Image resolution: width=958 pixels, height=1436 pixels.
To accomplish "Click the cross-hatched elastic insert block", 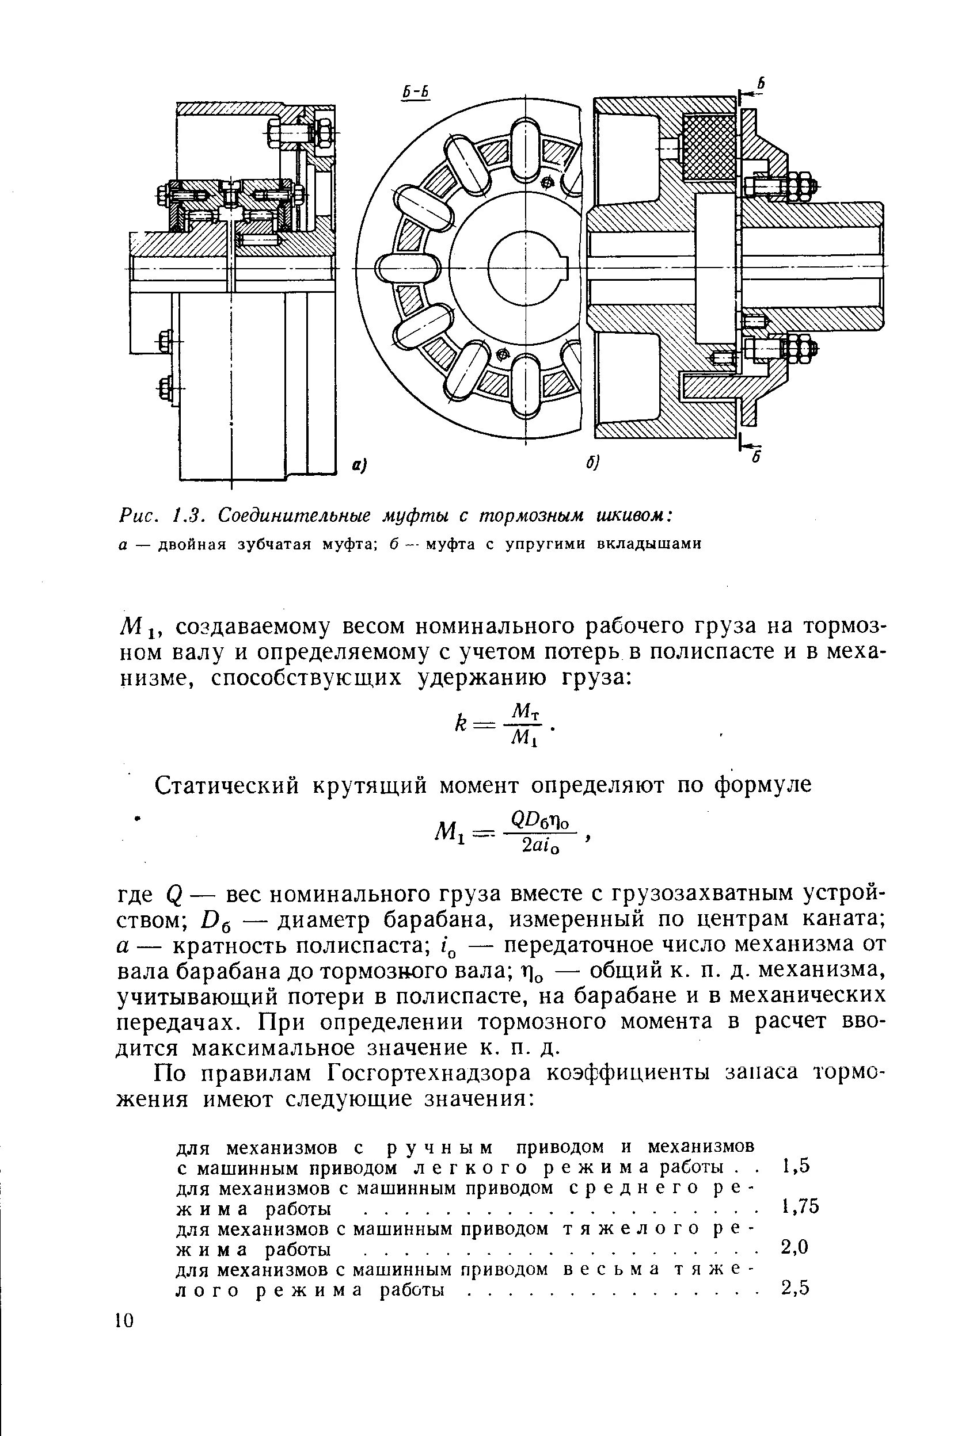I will [709, 147].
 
